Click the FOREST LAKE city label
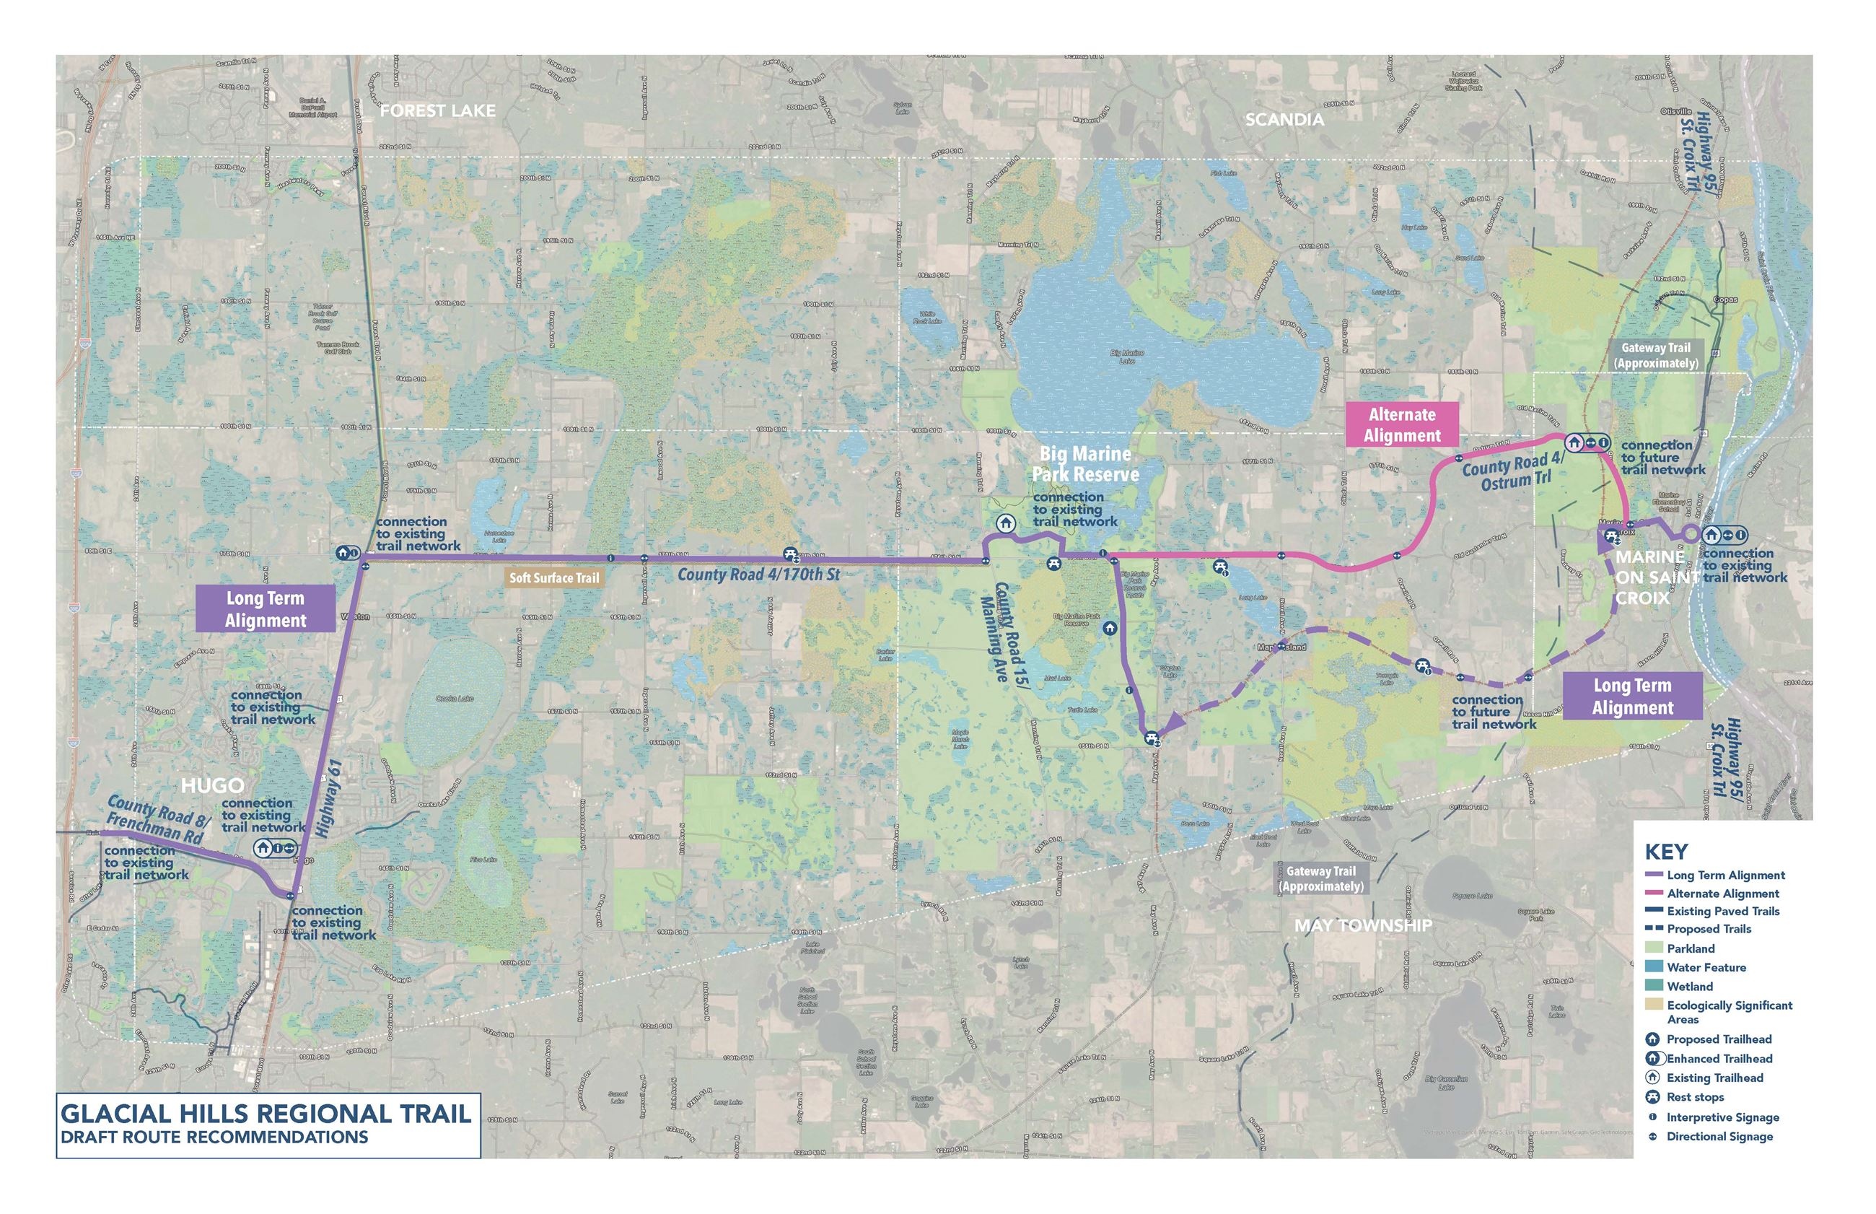pos(437,111)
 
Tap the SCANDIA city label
pos(1284,120)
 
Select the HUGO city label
pos(213,786)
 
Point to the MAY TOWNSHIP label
pos(1362,925)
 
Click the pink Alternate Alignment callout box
pos(1402,425)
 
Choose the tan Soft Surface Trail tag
pos(554,578)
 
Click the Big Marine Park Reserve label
pos(1085,464)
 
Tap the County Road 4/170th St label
pos(759,575)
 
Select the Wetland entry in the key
pos(1689,987)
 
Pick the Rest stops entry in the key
pos(1695,1097)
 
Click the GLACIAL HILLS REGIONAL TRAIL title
pos(266,1114)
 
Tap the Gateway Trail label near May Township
pos(1321,878)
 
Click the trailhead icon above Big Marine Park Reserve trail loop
pos(1004,523)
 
